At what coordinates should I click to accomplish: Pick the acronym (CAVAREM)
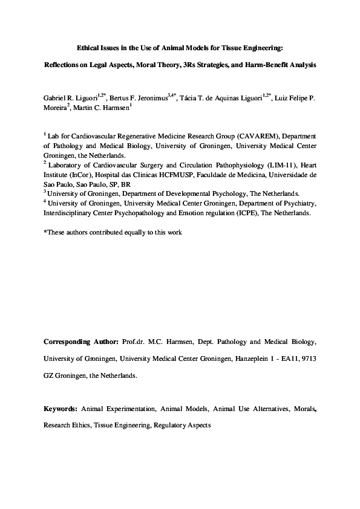(x=245, y=137)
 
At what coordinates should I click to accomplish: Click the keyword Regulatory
(x=171, y=425)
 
